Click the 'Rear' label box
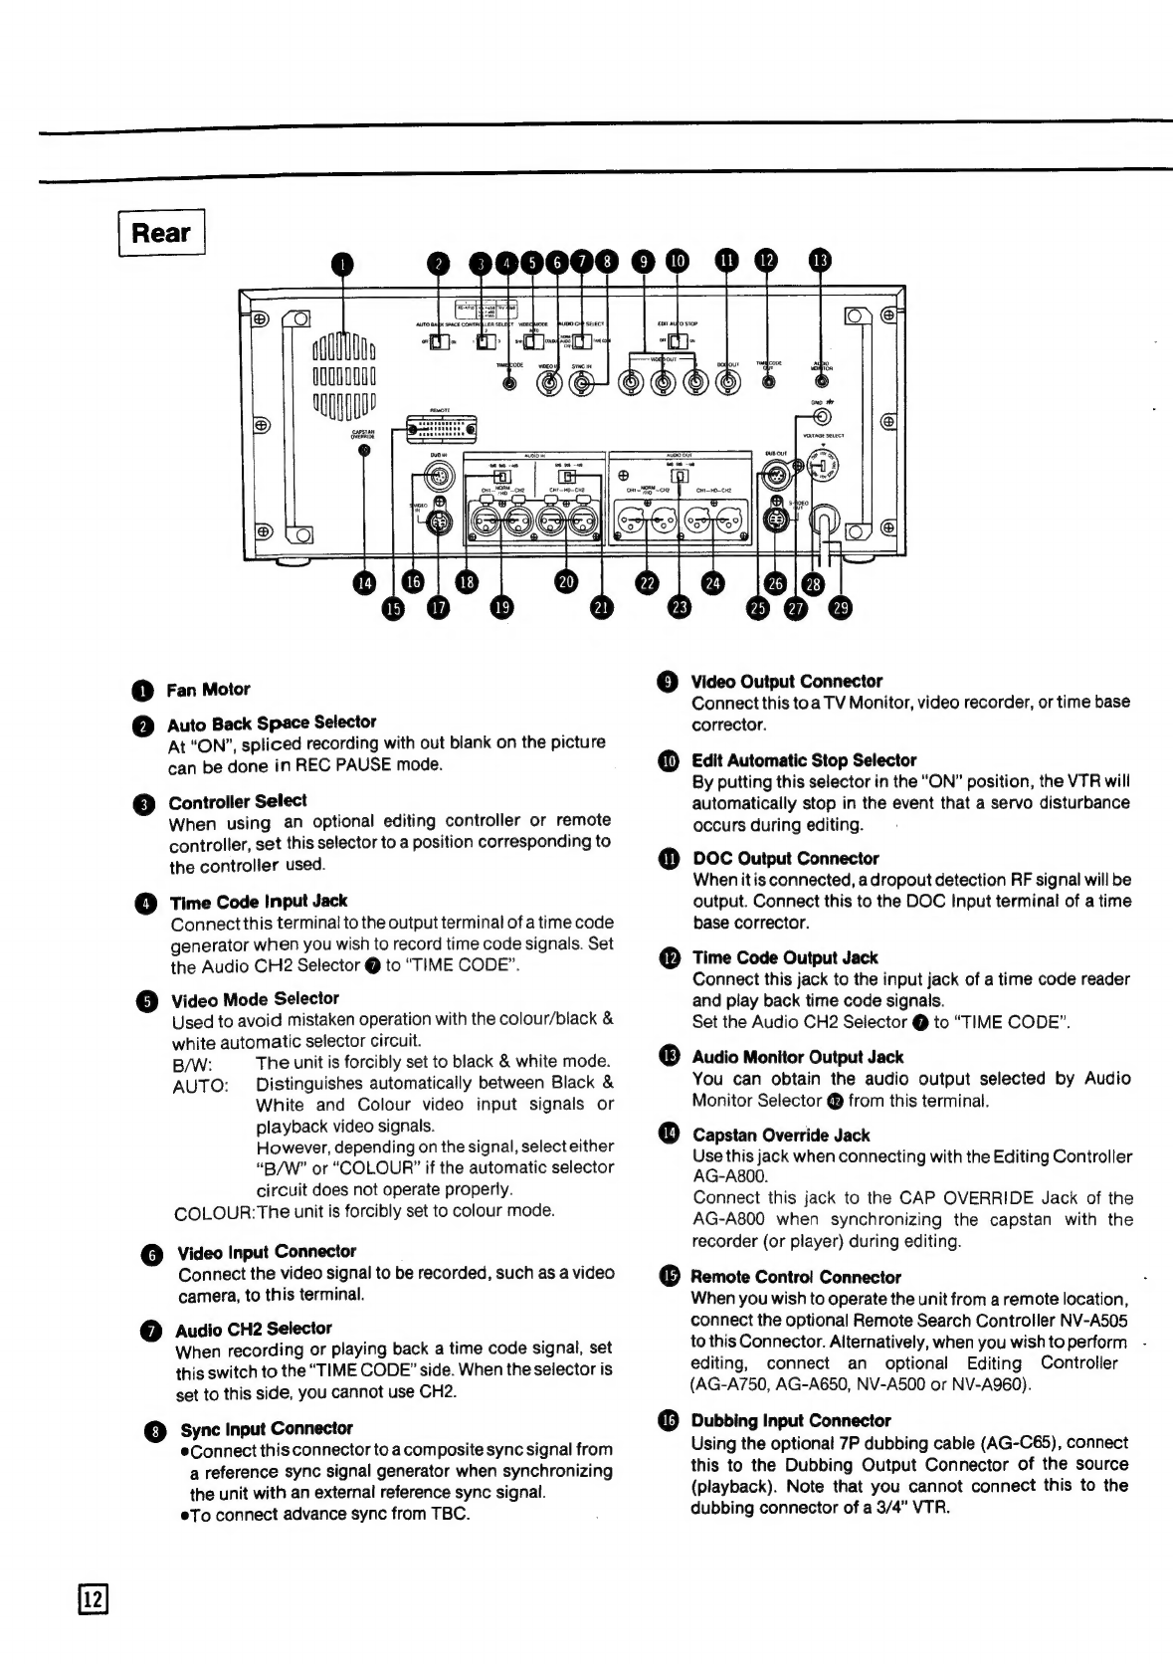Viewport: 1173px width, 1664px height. coord(161,233)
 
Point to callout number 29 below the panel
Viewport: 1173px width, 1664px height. coord(841,608)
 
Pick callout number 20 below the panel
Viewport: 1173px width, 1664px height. coord(566,583)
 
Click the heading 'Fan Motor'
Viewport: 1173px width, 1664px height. coord(208,689)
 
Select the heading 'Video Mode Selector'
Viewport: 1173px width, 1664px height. coord(255,998)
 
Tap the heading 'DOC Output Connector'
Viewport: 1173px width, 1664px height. coord(785,858)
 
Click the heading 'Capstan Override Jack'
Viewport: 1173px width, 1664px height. coord(781,1135)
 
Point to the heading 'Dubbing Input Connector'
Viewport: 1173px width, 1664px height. coord(791,1420)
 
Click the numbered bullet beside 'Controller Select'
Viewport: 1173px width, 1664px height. coord(148,803)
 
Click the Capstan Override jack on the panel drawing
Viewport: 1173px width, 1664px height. coord(365,450)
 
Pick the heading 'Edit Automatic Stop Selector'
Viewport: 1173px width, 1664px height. coord(804,760)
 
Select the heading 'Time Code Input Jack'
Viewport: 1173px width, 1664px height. coord(259,901)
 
